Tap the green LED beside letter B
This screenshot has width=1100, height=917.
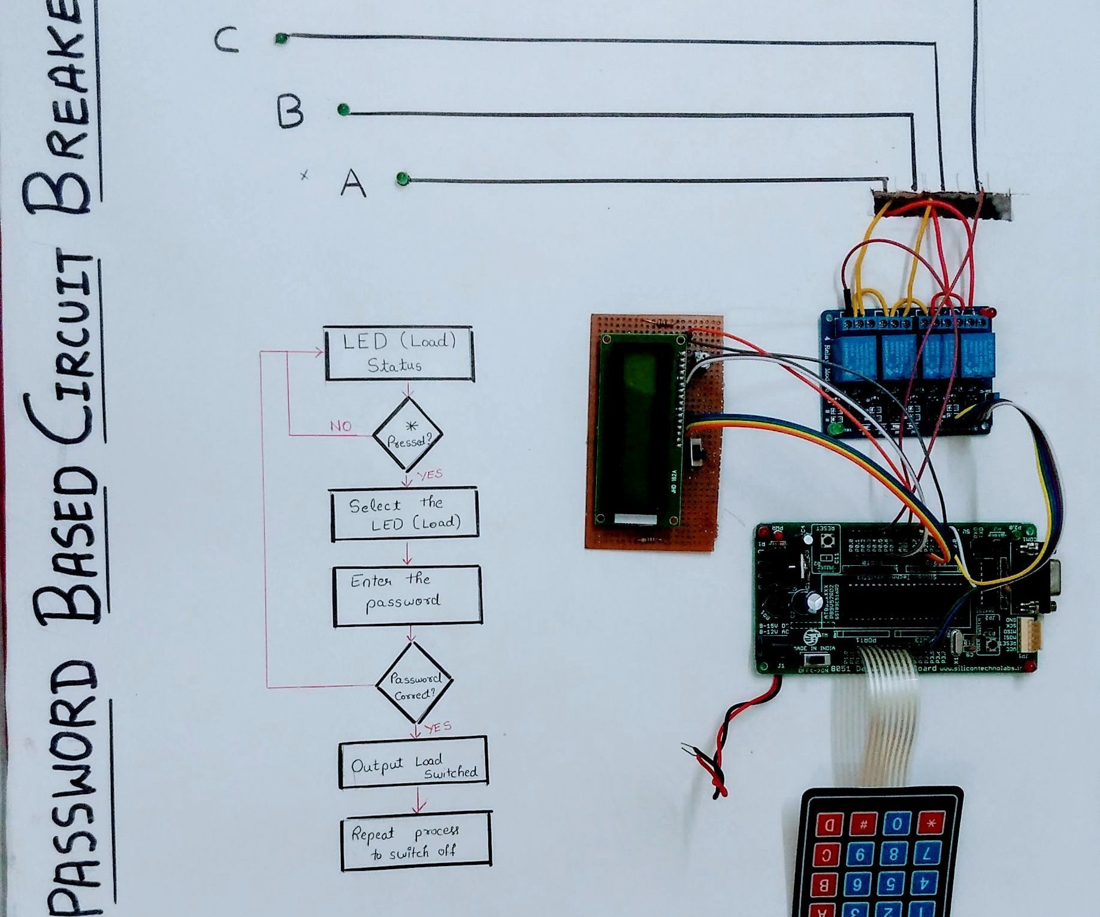(x=343, y=110)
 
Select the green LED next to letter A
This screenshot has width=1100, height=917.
(x=402, y=179)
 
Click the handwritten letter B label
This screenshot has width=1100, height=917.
(x=291, y=111)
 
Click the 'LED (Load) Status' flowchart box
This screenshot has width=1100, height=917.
(x=399, y=354)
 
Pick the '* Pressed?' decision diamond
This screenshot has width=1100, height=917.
(x=408, y=435)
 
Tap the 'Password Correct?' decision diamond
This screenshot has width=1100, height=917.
(x=414, y=683)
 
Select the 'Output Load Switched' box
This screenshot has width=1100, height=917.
(x=413, y=762)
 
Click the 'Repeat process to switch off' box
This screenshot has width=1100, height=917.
(x=416, y=841)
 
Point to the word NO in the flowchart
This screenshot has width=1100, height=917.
(x=341, y=426)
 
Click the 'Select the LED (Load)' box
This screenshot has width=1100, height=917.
(x=404, y=514)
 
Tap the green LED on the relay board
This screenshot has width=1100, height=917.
(x=834, y=430)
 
